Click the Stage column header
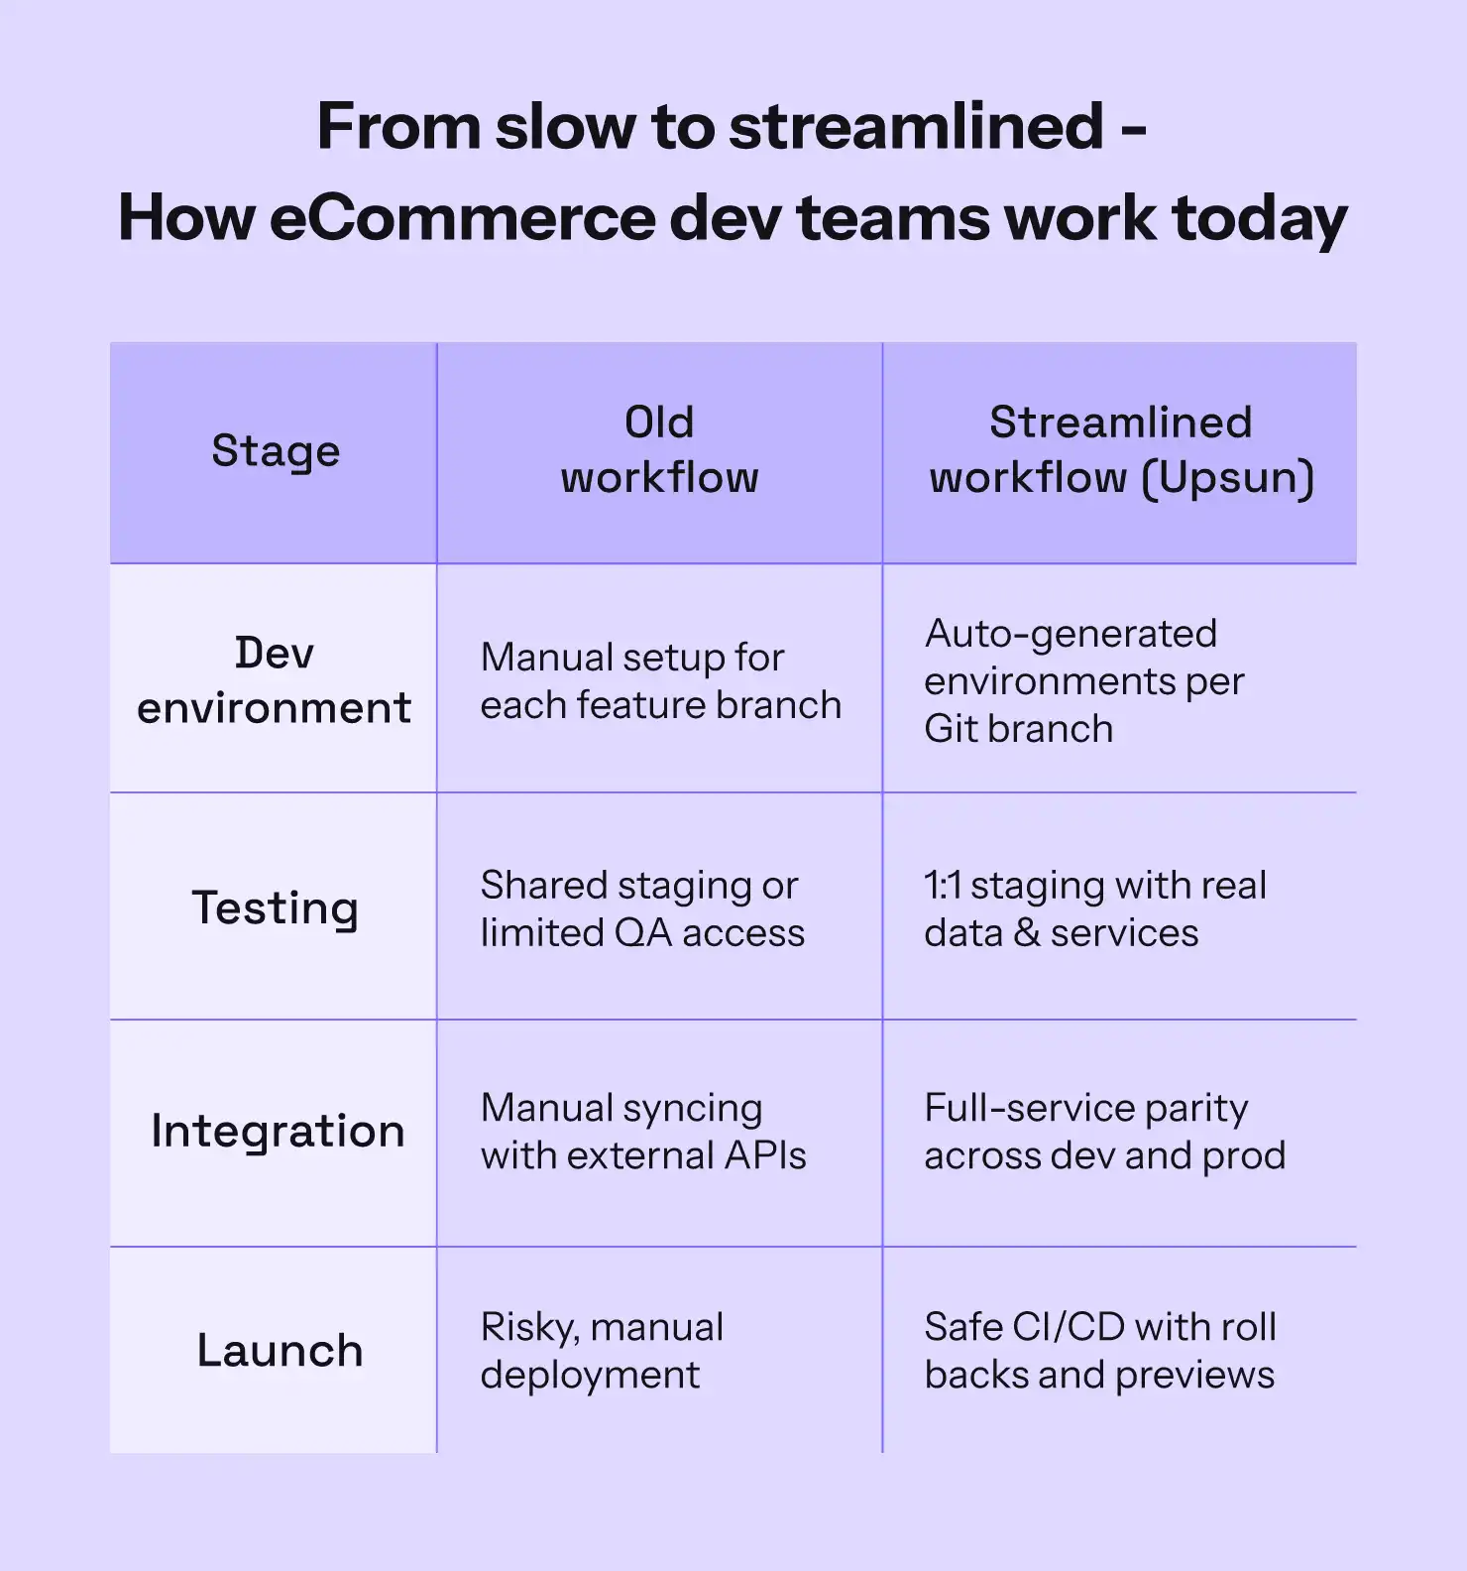pos(276,451)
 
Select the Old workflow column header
pos(659,450)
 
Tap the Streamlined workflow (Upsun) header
pos(1121,450)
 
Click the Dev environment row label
pos(274,680)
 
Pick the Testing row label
pos(275,908)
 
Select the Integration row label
pos(278,1132)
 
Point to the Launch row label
pos(280,1351)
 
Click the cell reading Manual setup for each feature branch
pos(660,681)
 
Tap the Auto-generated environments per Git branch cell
pos(1084,681)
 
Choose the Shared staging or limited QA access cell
pos(642,909)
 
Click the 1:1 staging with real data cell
pos(1095,909)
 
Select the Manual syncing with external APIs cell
pos(643,1132)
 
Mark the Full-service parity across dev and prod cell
pos(1104,1132)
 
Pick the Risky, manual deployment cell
pos(602,1351)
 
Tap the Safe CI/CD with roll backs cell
pos(1100,1351)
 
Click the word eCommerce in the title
pos(462,218)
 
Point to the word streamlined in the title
pos(916,127)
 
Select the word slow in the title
pos(566,127)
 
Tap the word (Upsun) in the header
pos(1227,478)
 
